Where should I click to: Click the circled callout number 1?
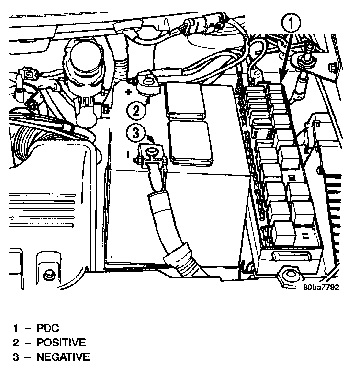(292, 22)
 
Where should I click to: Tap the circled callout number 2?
(137, 111)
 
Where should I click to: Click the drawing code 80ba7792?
(320, 287)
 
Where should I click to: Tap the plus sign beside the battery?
(129, 91)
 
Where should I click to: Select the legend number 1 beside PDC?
(15, 329)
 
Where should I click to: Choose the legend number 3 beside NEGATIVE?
(15, 357)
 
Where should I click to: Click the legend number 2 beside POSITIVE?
(15, 343)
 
